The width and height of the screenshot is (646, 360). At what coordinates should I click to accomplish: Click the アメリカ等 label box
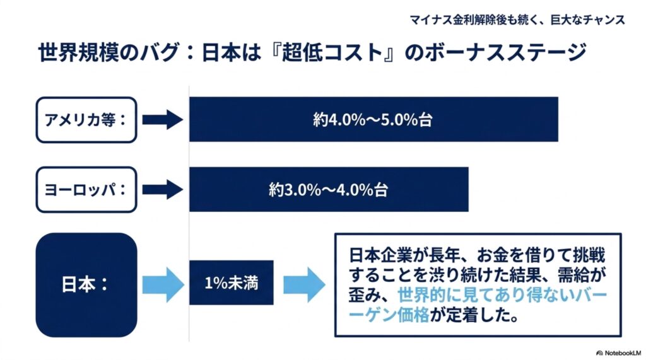[86, 120]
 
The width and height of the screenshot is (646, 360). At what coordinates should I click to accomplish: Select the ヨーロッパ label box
[86, 190]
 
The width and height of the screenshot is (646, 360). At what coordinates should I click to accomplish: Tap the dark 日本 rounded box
[86, 284]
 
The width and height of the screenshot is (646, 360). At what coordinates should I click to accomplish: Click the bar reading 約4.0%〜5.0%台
[373, 119]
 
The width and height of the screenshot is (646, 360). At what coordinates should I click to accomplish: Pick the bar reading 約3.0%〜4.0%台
[329, 190]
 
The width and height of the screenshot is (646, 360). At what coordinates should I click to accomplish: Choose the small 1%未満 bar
[232, 282]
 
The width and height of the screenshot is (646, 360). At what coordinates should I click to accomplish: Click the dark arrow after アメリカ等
[163, 120]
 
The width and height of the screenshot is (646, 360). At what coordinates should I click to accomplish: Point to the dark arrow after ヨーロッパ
[163, 190]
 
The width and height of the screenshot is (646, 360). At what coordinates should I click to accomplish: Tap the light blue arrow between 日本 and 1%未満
[163, 284]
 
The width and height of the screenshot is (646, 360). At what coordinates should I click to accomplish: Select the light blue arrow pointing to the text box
[305, 284]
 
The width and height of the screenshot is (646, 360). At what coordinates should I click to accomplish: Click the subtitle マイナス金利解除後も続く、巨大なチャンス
[517, 20]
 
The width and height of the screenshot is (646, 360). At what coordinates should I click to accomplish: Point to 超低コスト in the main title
[332, 53]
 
